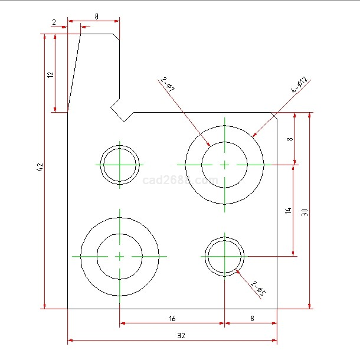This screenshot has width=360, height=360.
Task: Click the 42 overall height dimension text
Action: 40,167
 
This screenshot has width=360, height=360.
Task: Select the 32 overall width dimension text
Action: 181,336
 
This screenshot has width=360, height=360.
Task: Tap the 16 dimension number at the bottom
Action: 172,319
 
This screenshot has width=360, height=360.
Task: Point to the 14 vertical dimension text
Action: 288,211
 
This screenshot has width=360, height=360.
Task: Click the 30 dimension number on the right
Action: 305,212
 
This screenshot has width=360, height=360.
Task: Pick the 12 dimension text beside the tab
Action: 50,74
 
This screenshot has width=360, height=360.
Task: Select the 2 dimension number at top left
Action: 54,22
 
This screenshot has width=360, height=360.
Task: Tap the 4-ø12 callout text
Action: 300,84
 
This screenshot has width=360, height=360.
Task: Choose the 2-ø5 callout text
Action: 258,288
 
